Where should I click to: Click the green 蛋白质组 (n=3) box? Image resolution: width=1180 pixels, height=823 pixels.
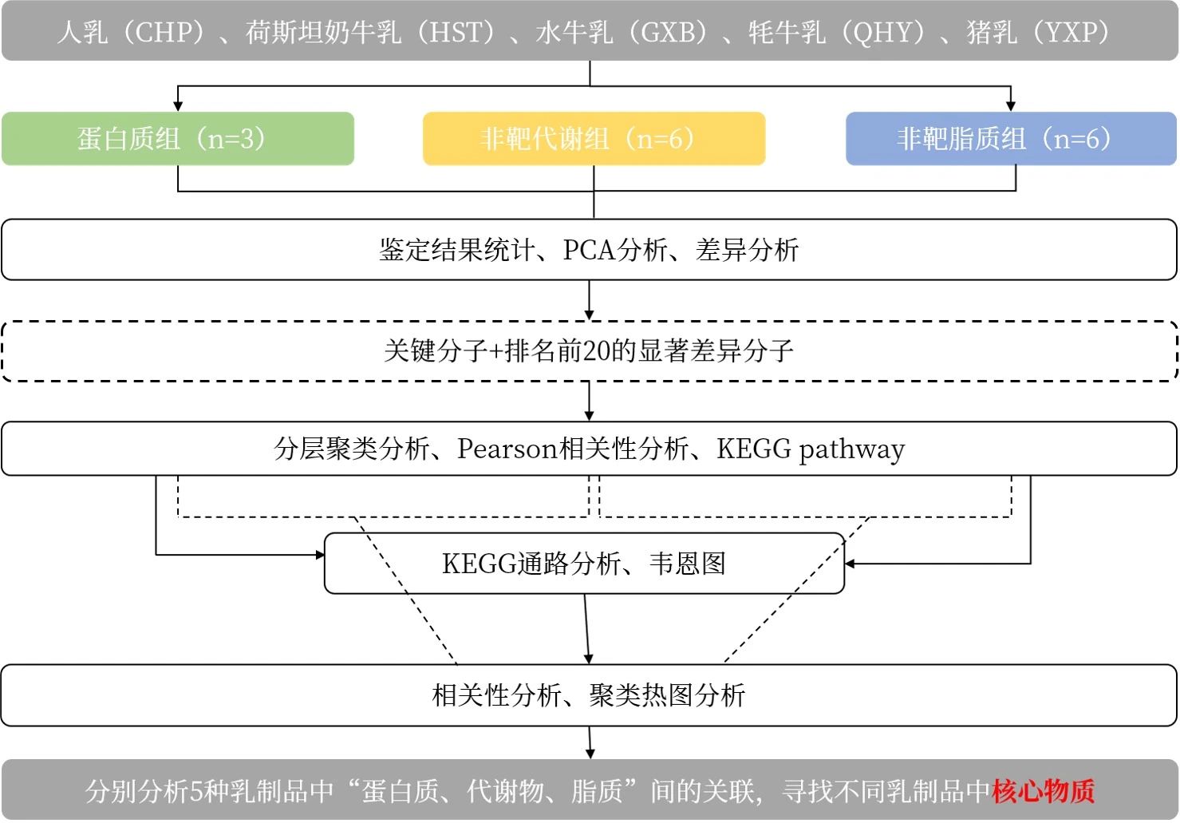coord(177,139)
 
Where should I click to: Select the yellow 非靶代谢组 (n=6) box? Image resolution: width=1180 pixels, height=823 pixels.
coord(594,139)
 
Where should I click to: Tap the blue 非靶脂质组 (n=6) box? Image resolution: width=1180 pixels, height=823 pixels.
coord(1011,139)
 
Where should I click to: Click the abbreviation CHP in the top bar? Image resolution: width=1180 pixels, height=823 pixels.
coord(165,33)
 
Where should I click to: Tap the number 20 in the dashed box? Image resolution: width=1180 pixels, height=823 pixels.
coord(597,350)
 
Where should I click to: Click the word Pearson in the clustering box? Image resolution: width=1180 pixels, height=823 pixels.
coord(507,449)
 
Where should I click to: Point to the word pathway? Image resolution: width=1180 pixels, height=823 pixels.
coord(852,450)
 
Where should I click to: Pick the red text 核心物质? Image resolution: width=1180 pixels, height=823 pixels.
coord(1043,791)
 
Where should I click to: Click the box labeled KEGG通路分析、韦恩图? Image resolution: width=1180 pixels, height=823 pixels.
coord(584,564)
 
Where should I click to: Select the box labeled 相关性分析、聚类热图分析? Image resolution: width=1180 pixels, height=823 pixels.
coord(589,695)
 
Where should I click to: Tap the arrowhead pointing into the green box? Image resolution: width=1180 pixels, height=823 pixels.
coord(178,106)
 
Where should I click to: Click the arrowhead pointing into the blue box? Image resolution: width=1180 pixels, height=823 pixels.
coord(1011,106)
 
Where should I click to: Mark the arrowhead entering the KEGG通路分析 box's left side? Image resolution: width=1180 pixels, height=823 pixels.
coord(320,555)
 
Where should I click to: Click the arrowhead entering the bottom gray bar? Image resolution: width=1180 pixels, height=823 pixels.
coord(590,754)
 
